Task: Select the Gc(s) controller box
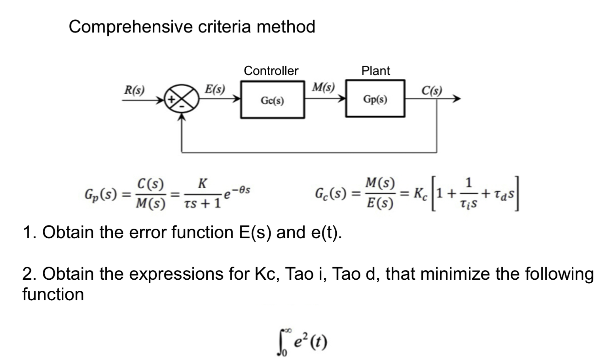point(273,100)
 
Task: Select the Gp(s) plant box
point(375,99)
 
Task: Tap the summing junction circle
point(182,100)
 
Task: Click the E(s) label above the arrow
point(215,89)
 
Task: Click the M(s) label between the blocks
point(323,87)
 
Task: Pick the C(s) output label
point(431,91)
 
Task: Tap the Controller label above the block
point(271,71)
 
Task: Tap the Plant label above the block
point(375,71)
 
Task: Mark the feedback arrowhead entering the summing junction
point(182,117)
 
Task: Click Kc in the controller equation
point(420,194)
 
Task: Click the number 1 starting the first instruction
point(27,232)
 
